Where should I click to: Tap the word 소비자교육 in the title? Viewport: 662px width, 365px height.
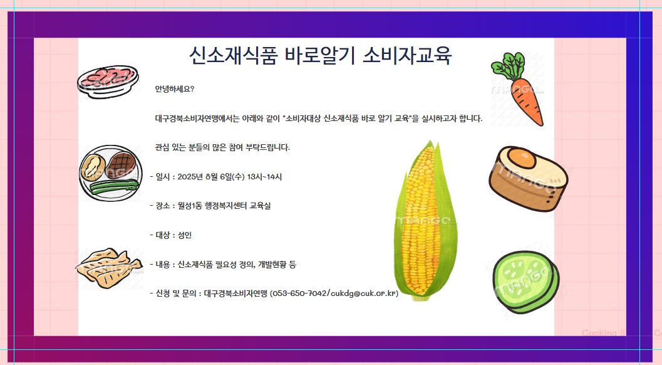point(408,55)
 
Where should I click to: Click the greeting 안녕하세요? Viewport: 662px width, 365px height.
point(175,89)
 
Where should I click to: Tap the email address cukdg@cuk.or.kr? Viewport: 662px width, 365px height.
point(363,293)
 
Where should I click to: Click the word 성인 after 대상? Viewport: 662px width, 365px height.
point(185,235)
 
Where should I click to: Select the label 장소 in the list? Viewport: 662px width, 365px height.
point(163,206)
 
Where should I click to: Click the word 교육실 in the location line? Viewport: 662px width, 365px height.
point(260,206)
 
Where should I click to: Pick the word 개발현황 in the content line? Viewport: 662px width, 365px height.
point(272,265)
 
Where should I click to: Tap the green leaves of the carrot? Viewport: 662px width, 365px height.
point(507,66)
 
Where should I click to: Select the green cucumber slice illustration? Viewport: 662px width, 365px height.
point(525,282)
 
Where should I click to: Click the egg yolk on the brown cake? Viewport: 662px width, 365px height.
point(522,158)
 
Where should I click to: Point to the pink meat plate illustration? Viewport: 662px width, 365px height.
point(108,80)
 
